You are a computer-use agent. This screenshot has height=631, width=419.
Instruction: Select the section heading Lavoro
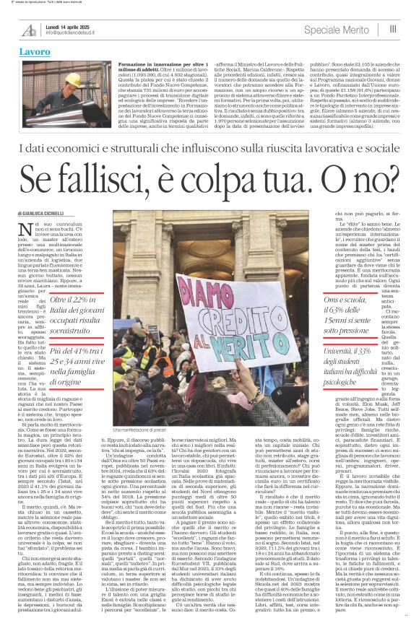[x=34, y=53]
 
